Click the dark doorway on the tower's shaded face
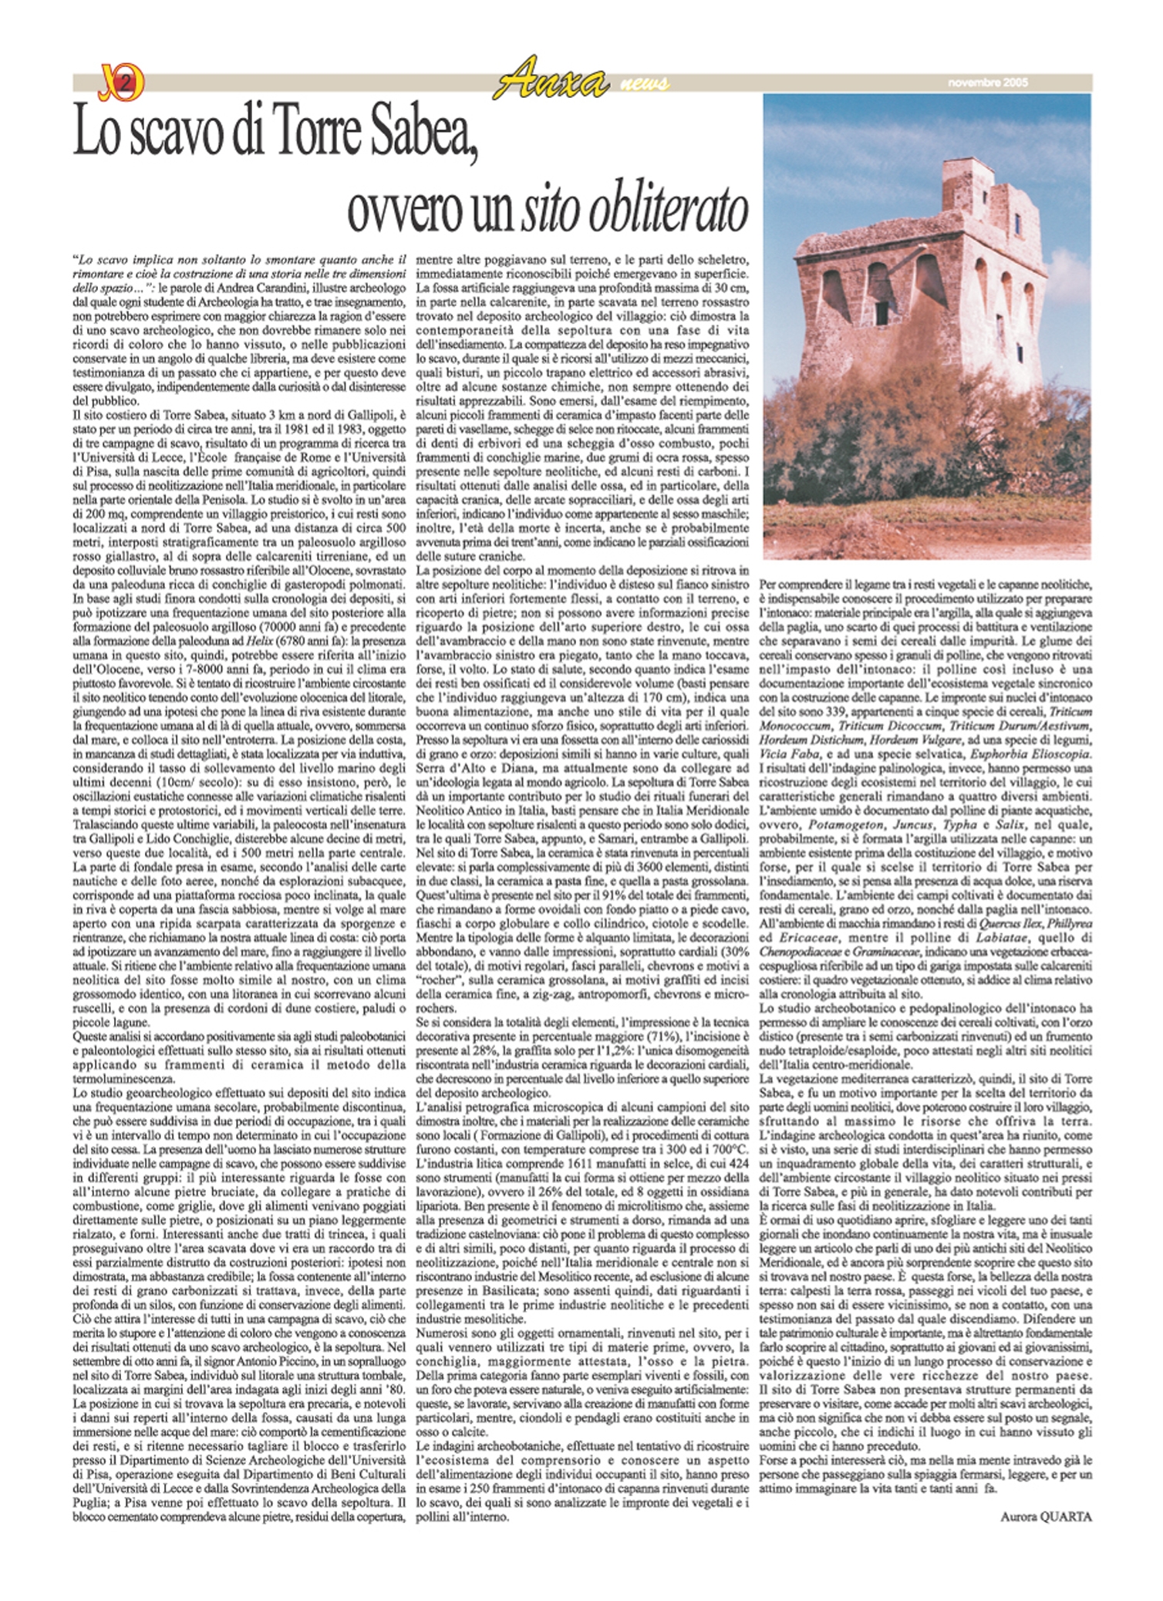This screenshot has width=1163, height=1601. (882, 311)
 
